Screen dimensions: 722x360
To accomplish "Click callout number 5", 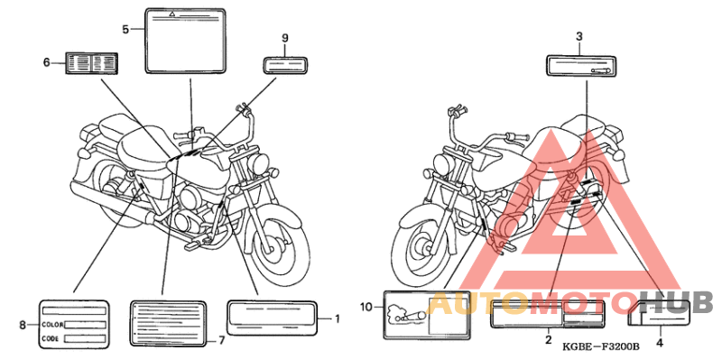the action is coord(125,29).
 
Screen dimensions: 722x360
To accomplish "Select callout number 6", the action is coord(47,62).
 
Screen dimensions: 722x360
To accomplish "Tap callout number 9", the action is coord(285,38).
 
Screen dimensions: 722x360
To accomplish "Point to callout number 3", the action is coord(579,37).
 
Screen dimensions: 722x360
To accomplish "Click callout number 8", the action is coord(23,325).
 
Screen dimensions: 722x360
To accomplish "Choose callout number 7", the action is coord(221,341).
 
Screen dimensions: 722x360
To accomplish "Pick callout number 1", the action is coord(337,318).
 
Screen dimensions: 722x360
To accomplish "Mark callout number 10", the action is coord(366,306).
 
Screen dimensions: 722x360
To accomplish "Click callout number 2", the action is coord(549,341).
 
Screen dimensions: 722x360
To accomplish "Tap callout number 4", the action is coord(660,343).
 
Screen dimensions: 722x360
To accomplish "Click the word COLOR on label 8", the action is coord(52,325).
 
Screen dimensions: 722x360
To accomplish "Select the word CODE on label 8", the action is coord(50,338).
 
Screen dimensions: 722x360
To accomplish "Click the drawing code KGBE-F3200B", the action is coord(600,346).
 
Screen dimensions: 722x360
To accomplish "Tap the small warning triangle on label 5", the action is coord(171,14).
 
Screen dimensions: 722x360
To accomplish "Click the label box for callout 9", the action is coord(285,65).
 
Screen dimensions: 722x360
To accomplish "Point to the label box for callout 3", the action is coord(580,65).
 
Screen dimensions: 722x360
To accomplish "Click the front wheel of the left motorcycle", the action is coord(276,243).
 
